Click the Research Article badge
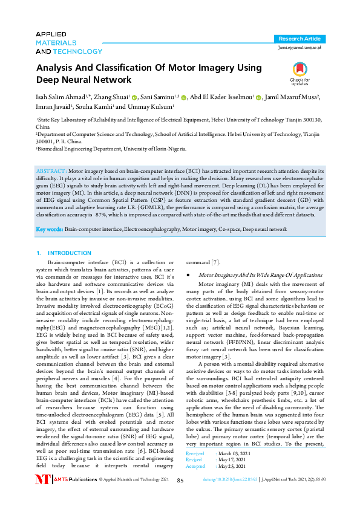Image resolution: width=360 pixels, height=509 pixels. (300, 38)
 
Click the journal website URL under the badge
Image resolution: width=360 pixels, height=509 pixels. (299, 47)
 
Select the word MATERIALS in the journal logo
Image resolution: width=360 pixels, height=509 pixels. (56, 43)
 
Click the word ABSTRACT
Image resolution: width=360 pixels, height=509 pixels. (53, 172)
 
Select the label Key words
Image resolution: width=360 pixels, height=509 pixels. (50, 230)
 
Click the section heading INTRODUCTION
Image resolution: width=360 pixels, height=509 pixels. (70, 253)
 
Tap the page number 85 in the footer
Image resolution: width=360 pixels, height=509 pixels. (180, 497)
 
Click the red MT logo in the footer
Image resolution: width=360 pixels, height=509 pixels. (42, 496)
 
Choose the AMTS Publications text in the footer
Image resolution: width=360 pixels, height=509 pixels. (75, 496)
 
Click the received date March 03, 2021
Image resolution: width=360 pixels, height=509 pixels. (233, 470)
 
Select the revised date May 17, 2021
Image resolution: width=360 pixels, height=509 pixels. (231, 476)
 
